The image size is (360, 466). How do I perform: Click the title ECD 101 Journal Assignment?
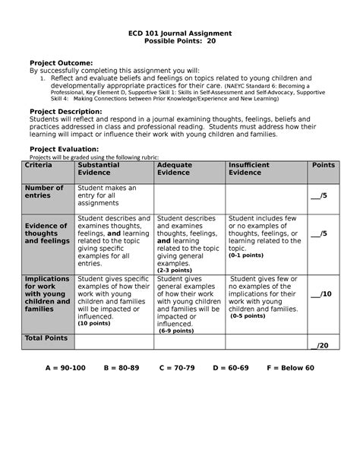179,35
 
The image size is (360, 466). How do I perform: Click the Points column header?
323,165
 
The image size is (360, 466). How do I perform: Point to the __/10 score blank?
322,293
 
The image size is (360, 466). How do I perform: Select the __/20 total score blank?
322,345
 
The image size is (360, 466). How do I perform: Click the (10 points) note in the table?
93,323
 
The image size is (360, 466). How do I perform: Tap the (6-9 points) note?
175,331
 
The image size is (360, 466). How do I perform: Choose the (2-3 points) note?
174,269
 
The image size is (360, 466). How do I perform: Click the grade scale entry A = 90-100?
65,368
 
